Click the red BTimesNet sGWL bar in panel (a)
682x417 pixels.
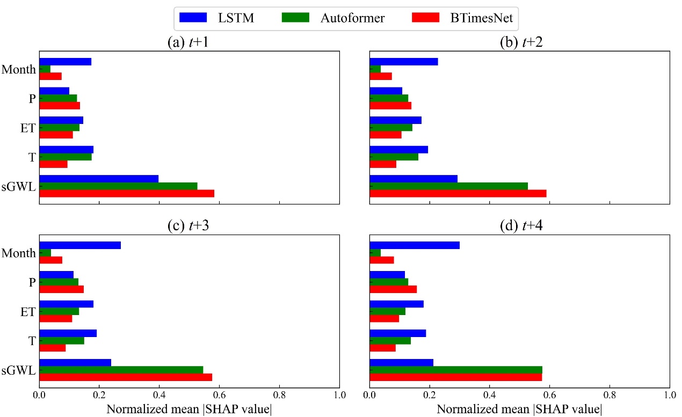coord(127,193)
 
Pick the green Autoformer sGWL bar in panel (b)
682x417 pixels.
coord(448,186)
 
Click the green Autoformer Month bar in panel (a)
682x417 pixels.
coord(45,69)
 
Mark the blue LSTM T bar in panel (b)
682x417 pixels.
coord(398,149)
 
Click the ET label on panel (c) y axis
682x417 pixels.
coord(27,311)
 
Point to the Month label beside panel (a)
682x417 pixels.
coord(19,69)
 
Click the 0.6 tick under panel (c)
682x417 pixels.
coord(219,396)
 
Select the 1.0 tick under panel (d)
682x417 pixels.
coord(669,396)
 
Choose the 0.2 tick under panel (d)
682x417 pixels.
coord(429,396)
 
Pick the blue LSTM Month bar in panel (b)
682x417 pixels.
coord(403,61)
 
